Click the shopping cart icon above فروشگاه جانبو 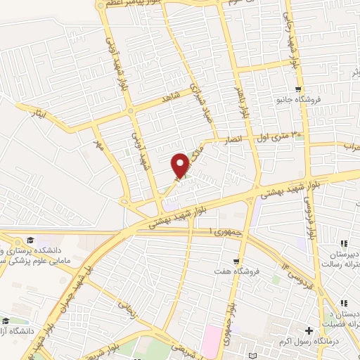299,89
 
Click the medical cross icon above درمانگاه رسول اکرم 308,330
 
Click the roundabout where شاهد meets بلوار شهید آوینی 131,111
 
